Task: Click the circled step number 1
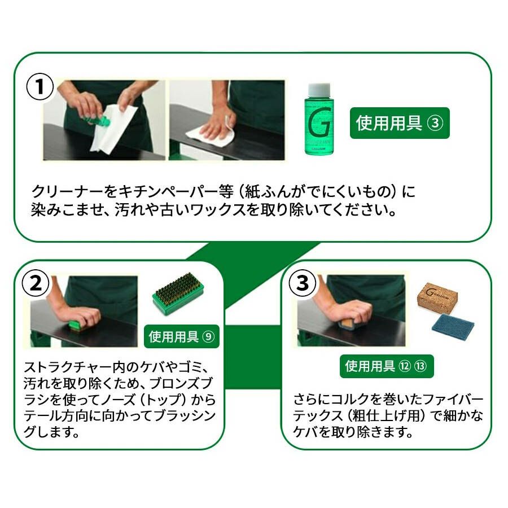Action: tap(40, 86)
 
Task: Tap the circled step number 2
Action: tap(36, 283)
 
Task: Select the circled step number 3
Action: tap(303, 283)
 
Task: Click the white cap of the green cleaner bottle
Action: tap(319, 90)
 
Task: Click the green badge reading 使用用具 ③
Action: tap(400, 123)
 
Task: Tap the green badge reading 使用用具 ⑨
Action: tap(181, 336)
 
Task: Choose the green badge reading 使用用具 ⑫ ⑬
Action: tap(387, 366)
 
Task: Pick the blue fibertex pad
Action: tap(453, 327)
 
